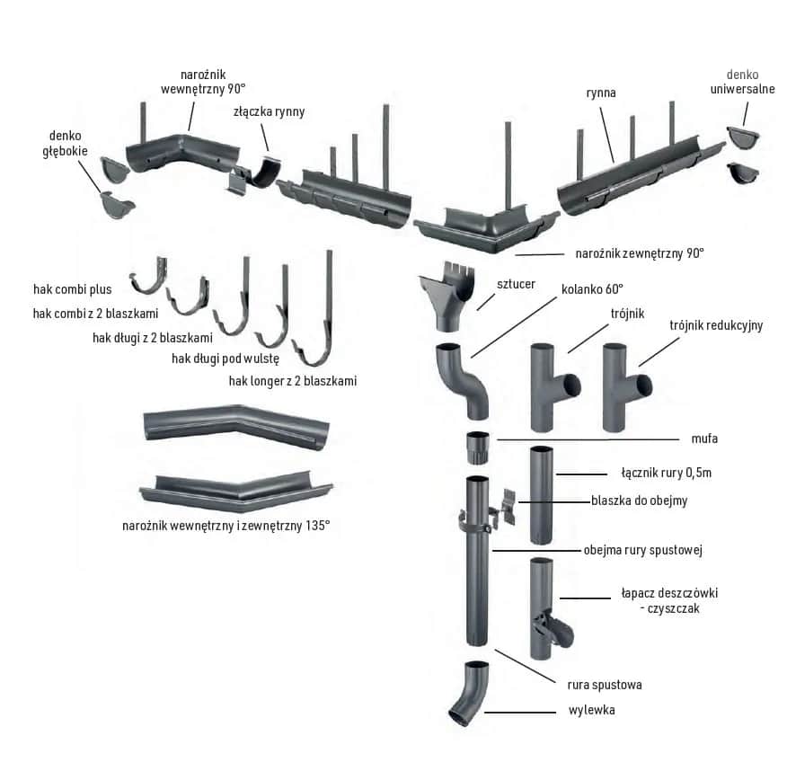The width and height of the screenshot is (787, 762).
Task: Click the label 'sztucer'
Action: click(x=516, y=284)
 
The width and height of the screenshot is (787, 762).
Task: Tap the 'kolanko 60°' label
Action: click(x=592, y=288)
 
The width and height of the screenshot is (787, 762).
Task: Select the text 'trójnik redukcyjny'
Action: click(x=715, y=325)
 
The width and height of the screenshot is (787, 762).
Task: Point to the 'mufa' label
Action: click(x=705, y=439)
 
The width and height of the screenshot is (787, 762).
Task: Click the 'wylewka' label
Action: click(x=591, y=710)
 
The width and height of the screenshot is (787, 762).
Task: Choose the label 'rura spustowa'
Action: click(x=604, y=685)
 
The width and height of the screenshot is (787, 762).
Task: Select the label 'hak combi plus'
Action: click(x=72, y=289)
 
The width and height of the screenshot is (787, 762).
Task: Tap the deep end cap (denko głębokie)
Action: click(x=117, y=204)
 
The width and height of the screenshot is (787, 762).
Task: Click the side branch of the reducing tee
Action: click(x=641, y=385)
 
